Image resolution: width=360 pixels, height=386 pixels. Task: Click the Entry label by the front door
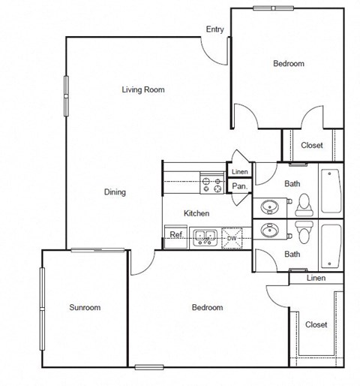click(214, 30)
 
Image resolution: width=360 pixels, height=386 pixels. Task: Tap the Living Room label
click(142, 90)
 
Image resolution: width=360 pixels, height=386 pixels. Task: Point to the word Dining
click(115, 192)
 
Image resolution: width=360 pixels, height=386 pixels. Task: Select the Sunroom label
click(85, 307)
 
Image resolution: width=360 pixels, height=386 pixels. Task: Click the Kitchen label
click(196, 214)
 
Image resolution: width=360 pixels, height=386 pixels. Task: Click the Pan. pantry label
click(239, 186)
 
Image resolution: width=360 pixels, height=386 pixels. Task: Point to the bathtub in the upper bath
click(330, 191)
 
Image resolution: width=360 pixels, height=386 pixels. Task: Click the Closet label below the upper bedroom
click(312, 146)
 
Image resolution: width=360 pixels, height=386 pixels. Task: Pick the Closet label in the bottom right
click(316, 325)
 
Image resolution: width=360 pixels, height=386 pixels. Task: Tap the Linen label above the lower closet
click(316, 279)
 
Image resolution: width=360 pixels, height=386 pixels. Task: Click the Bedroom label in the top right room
click(288, 65)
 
